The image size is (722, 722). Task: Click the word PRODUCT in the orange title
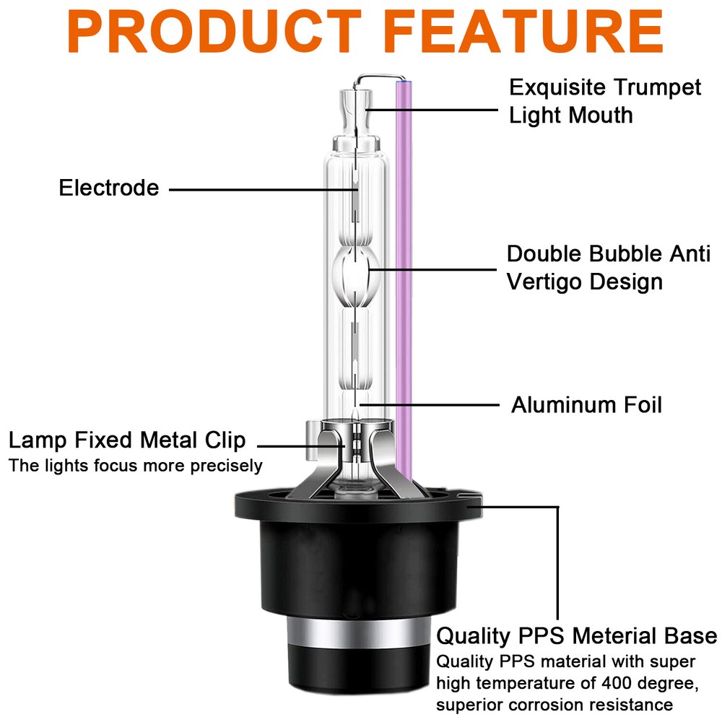[x=214, y=31]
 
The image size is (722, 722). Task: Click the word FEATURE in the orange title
[x=523, y=31]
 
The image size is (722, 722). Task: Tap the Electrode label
[x=109, y=188]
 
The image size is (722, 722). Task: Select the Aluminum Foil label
[x=586, y=405]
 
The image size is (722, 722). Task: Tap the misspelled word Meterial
[x=611, y=636]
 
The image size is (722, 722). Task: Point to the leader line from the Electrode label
[x=264, y=189]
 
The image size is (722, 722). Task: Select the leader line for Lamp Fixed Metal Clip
[x=300, y=445]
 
